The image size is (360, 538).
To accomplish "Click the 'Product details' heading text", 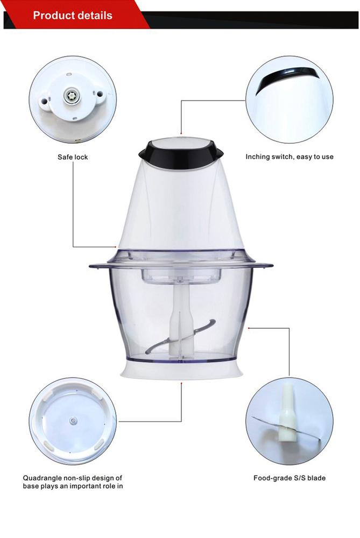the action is pyautogui.click(x=73, y=16).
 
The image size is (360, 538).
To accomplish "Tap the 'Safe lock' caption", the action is pyautogui.click(x=73, y=157).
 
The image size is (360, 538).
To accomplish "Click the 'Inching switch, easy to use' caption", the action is pyautogui.click(x=290, y=157).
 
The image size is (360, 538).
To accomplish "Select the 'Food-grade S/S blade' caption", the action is pyautogui.click(x=290, y=478).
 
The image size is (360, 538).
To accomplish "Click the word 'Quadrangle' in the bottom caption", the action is pyautogui.click(x=43, y=478).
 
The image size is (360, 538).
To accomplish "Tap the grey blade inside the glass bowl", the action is pyautogui.click(x=180, y=336).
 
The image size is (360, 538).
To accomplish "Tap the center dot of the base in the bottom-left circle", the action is pyautogui.click(x=73, y=420).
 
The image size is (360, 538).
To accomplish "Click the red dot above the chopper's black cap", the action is pyautogui.click(x=181, y=133).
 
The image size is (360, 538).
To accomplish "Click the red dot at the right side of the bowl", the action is pyautogui.click(x=249, y=328).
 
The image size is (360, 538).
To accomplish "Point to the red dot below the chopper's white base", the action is pyautogui.click(x=181, y=382).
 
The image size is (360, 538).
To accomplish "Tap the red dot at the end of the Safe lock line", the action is pyautogui.click(x=115, y=246).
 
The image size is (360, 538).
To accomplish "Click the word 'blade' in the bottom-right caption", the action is pyautogui.click(x=316, y=478).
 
